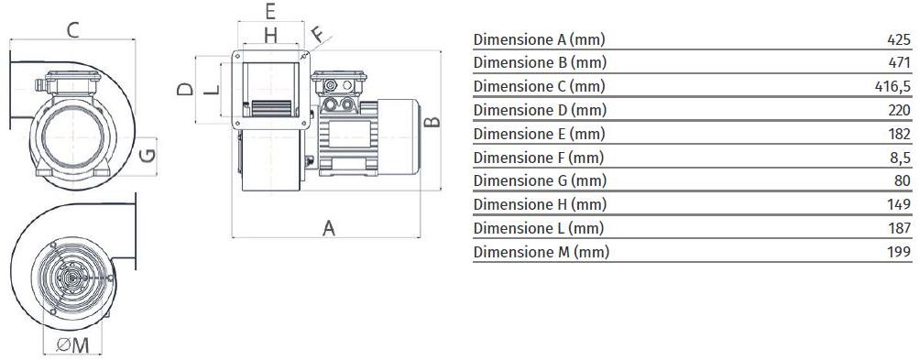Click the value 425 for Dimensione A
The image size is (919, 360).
pyautogui.click(x=900, y=40)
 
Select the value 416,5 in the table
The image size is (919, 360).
pyautogui.click(x=892, y=87)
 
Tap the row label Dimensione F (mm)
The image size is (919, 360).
pyautogui.click(x=539, y=158)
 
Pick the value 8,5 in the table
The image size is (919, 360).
pyautogui.click(x=901, y=158)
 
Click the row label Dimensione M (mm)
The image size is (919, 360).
pyautogui.click(x=541, y=252)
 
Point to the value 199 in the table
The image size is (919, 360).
pyautogui.click(x=901, y=252)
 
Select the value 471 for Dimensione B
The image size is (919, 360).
pyautogui.click(x=901, y=63)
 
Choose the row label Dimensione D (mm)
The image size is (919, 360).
pyautogui.click(x=540, y=110)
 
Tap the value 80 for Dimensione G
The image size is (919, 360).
pyautogui.click(x=903, y=181)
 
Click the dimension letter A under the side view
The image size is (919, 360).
pyautogui.click(x=329, y=228)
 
